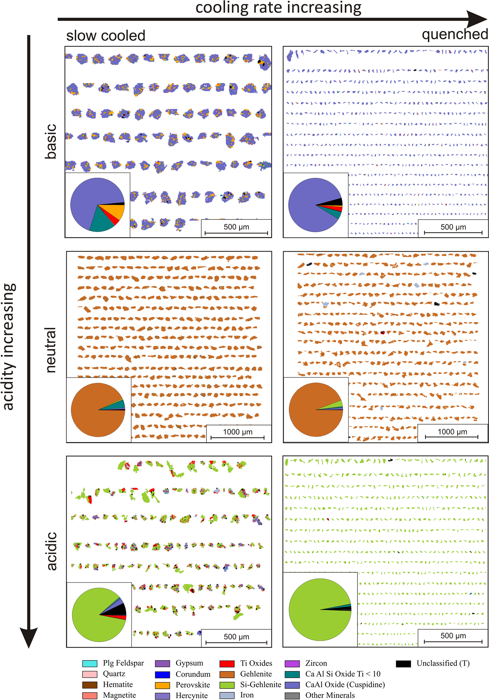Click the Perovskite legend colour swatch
(162, 685)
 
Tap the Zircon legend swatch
(292, 663)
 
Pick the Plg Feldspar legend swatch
(90, 663)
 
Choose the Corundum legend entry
(193, 674)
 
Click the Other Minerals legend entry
(330, 695)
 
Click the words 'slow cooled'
(106, 35)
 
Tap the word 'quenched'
(455, 34)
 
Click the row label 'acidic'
(52, 551)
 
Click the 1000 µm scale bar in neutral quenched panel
(452, 437)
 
